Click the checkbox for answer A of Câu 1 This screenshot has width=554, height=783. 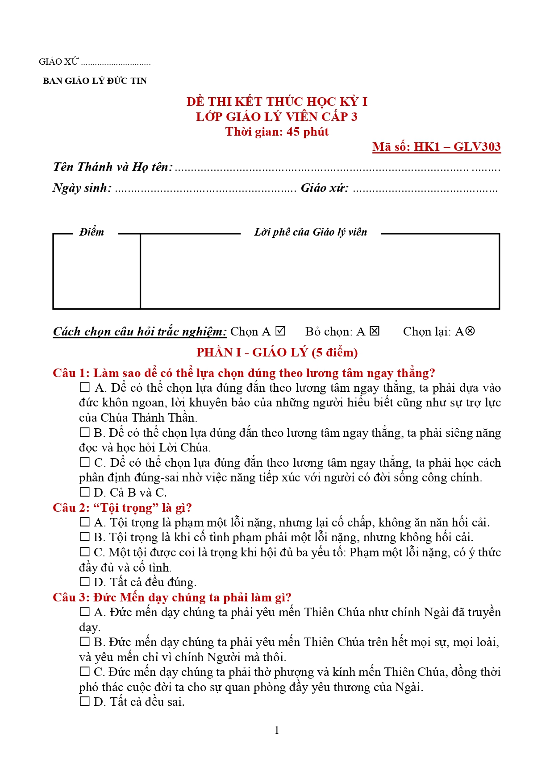click(x=84, y=387)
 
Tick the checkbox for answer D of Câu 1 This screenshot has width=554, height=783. click(x=84, y=492)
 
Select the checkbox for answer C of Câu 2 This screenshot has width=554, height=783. click(x=84, y=552)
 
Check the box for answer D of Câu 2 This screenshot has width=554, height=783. click(x=84, y=582)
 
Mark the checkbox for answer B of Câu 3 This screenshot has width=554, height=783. click(x=84, y=642)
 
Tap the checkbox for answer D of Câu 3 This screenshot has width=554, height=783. click(x=84, y=701)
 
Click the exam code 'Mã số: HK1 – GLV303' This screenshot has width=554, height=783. click(x=436, y=147)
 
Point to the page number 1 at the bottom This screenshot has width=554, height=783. click(x=277, y=730)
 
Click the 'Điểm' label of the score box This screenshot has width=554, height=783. click(x=92, y=232)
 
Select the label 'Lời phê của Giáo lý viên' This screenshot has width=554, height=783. click(x=310, y=232)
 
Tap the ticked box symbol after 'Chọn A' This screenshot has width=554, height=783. click(x=280, y=331)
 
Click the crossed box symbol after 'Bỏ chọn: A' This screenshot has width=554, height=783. click(x=375, y=331)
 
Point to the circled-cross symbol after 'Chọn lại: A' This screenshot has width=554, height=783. click(x=470, y=331)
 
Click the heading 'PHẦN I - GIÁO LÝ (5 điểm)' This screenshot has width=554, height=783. click(x=277, y=352)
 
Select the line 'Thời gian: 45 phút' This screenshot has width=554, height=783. click(x=277, y=132)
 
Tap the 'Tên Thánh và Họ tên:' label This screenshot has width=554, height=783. click(x=112, y=167)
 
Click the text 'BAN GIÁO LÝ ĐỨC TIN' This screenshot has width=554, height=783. click(x=95, y=81)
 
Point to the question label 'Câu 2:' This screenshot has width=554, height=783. click(x=71, y=508)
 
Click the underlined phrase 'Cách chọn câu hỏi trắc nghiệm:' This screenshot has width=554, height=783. click(x=140, y=331)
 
